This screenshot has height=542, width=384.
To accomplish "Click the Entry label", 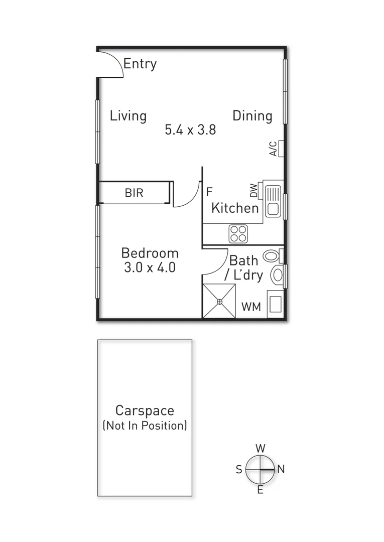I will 140,64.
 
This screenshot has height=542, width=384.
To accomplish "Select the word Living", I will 128,116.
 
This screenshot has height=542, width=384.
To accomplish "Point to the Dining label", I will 252,116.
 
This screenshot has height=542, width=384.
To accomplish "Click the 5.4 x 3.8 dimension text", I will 190,130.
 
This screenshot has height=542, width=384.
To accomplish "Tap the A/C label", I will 273,149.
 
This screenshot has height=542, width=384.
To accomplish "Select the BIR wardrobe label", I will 134,193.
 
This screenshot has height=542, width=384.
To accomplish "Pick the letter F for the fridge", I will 209,191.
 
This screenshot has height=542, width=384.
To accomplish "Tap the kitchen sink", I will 273,201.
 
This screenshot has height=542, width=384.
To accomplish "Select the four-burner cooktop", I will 238,233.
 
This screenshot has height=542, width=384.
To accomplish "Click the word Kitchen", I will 235,208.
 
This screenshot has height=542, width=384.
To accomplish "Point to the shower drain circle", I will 219,302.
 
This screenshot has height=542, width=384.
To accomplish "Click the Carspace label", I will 145,411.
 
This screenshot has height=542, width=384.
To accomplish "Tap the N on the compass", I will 281,469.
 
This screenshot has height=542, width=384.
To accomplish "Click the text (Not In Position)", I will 145,426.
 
